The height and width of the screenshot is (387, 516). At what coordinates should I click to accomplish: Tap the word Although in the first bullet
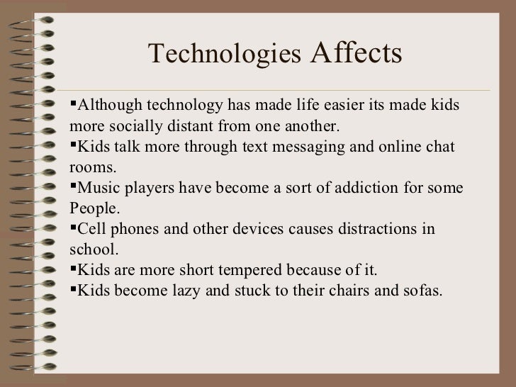click(x=108, y=106)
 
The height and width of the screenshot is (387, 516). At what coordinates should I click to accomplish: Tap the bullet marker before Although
click(x=73, y=106)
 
